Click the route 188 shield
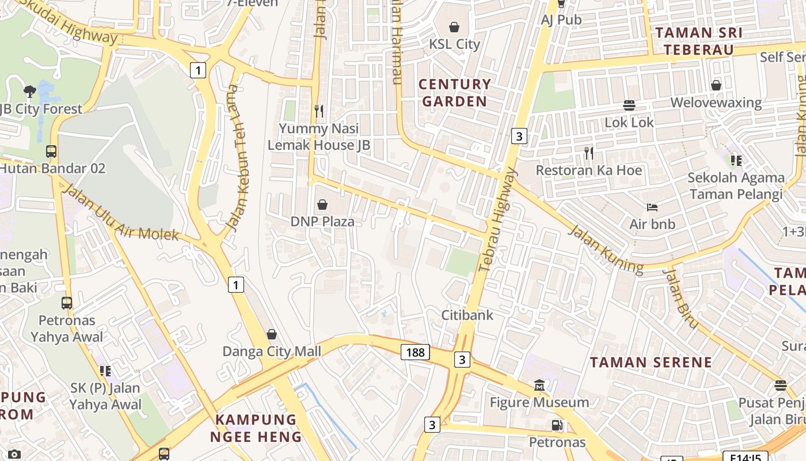tap(415, 352)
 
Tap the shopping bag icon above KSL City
tap(454, 27)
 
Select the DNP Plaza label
tap(322, 221)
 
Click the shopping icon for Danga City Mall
tap(272, 334)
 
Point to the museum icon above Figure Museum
tap(539, 385)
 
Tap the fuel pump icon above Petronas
tap(557, 425)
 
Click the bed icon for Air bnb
tap(652, 207)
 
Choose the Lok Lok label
tap(629, 122)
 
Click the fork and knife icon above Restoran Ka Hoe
tap(588, 153)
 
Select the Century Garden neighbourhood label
tap(455, 93)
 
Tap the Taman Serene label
tap(651, 362)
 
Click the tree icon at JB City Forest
tap(29, 91)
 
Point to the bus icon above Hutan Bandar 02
tap(51, 152)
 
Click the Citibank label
tap(467, 315)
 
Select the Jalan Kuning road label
tap(605, 249)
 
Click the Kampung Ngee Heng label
tap(256, 428)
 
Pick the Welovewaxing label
tap(716, 103)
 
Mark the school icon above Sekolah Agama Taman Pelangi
tap(736, 160)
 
